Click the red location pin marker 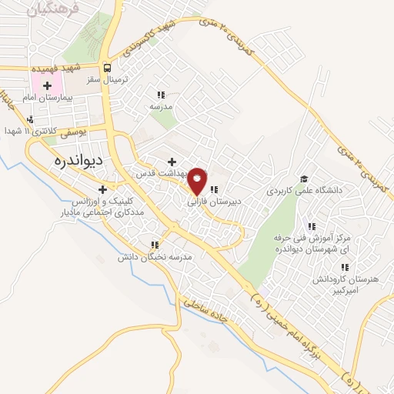[x=198, y=180]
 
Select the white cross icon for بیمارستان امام [x=48, y=85]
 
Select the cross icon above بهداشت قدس [x=172, y=162]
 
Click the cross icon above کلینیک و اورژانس [x=102, y=189]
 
